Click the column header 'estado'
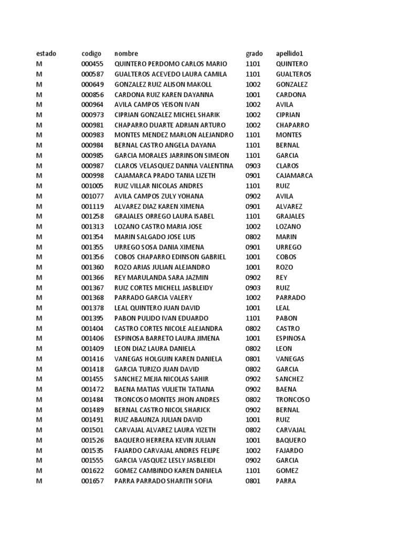(46, 53)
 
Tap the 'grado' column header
(254, 53)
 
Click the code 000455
(92, 64)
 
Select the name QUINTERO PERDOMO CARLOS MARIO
(171, 64)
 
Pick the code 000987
(92, 166)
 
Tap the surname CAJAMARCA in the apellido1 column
(294, 176)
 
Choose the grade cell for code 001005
(253, 186)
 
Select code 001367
(92, 287)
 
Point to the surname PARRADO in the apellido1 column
(291, 298)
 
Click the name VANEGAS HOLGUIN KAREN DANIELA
(168, 359)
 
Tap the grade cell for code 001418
(253, 369)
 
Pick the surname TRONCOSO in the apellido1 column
(293, 400)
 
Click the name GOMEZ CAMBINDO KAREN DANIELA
(168, 470)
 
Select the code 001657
(92, 481)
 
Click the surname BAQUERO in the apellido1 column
(291, 440)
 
